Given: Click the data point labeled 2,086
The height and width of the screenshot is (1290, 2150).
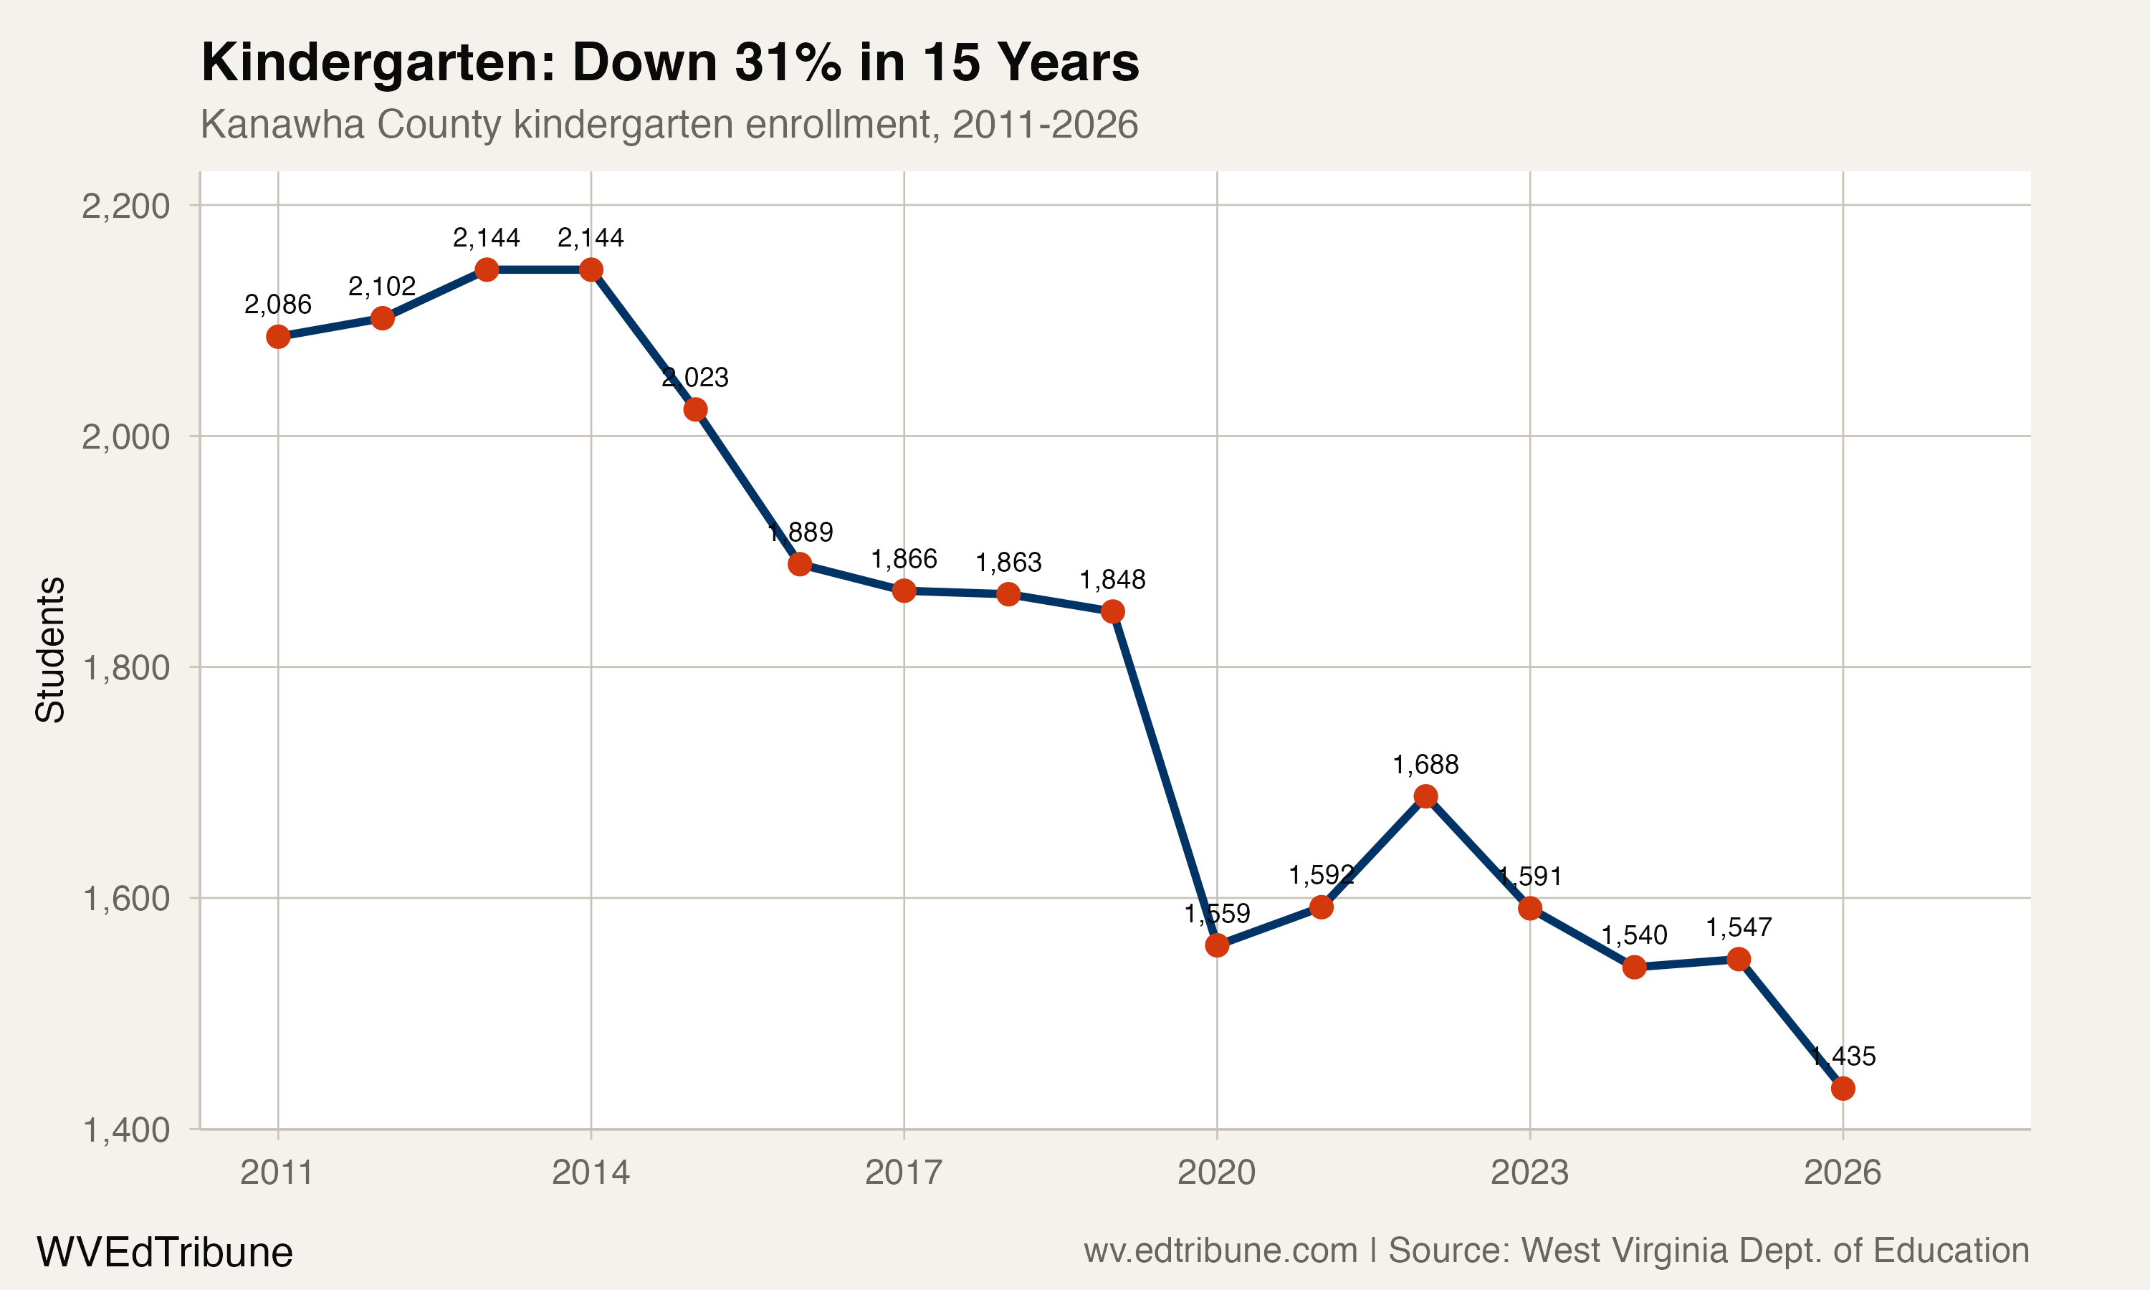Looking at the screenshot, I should (x=278, y=336).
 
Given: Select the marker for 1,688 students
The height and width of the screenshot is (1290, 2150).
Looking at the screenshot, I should (x=1425, y=796).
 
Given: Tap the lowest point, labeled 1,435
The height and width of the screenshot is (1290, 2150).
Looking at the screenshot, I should (x=1843, y=1089).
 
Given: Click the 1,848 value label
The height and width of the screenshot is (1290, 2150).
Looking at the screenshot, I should (x=1112, y=580).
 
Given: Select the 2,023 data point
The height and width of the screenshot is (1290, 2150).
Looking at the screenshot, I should (x=695, y=409).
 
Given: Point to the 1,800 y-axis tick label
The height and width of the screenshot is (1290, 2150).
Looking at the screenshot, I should (x=125, y=669).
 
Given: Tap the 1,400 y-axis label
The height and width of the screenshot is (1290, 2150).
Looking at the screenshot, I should (x=125, y=1131).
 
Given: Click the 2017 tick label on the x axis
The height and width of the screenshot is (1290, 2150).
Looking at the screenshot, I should (x=904, y=1172).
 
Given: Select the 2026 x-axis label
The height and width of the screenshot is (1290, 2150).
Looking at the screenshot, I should (x=1843, y=1172).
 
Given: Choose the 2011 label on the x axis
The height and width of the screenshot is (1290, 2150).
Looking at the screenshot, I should (x=277, y=1172).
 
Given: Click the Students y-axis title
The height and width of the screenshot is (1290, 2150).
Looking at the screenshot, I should (x=50, y=649).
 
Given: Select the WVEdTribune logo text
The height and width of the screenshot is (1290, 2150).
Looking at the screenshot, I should (x=164, y=1252).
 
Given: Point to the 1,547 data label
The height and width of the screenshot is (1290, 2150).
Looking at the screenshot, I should (x=1738, y=927).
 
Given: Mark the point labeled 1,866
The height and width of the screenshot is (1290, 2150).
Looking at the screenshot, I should (x=904, y=591).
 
